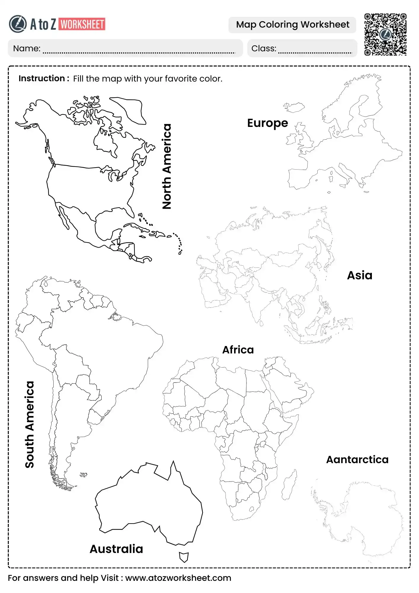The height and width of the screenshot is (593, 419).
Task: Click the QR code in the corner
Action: click(x=385, y=34)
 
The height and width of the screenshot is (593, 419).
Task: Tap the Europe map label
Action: click(x=267, y=123)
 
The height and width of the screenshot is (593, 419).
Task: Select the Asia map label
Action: click(x=359, y=275)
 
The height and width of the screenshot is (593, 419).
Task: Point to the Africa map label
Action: click(x=238, y=350)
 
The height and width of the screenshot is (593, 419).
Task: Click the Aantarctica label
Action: click(x=357, y=460)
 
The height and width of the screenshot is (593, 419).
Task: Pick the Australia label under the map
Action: click(x=116, y=549)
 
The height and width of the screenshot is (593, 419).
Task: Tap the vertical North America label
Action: click(x=167, y=166)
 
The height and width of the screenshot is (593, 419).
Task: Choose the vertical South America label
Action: click(x=30, y=425)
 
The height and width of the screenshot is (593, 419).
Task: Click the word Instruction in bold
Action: click(x=41, y=79)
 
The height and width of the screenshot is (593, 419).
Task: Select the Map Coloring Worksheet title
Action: click(x=292, y=25)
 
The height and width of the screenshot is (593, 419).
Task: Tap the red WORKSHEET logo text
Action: click(x=82, y=25)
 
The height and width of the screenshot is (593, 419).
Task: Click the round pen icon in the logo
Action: click(x=17, y=24)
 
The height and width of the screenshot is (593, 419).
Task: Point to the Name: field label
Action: click(x=27, y=48)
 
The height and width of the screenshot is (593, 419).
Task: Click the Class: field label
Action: click(x=264, y=48)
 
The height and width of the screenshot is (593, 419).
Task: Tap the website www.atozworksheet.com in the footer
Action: click(x=178, y=578)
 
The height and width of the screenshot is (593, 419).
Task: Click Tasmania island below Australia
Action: click(x=184, y=557)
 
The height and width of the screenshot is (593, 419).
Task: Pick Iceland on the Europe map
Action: click(x=294, y=107)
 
